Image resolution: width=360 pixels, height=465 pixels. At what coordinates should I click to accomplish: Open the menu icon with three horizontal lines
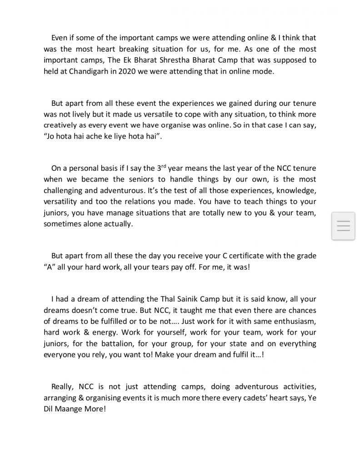(344, 226)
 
